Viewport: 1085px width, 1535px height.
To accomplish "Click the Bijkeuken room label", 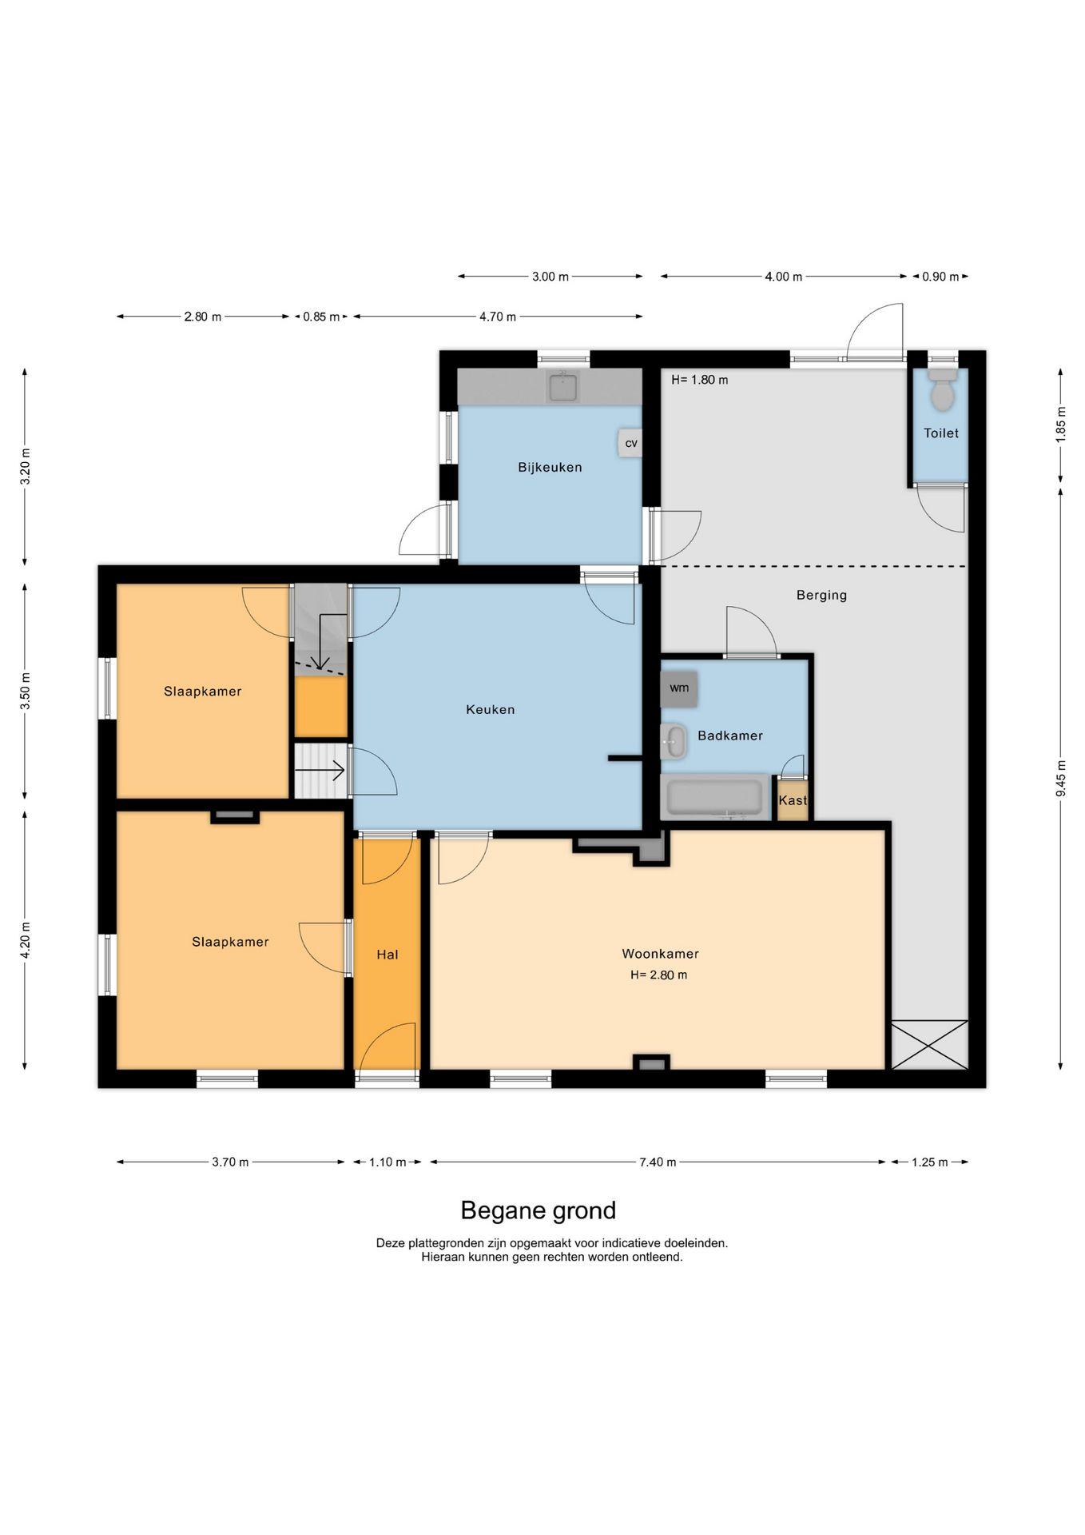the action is point(550,468).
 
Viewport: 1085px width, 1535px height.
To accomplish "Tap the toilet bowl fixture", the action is point(943,389).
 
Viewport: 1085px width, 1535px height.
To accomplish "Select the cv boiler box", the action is point(630,443).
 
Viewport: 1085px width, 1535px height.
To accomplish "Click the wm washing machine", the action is point(679,688).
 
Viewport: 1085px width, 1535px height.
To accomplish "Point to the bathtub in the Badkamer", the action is point(715,797).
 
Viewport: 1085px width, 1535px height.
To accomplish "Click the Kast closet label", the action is point(793,800).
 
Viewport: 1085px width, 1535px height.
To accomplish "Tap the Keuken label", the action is point(491,709).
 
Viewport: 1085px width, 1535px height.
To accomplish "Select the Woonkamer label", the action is point(661,954).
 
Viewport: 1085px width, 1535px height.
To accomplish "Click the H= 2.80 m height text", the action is point(659,975).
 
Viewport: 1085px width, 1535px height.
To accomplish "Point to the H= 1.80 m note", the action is point(700,380).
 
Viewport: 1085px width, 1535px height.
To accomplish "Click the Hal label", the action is point(387,955).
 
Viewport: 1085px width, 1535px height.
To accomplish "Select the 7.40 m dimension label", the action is point(658,1162).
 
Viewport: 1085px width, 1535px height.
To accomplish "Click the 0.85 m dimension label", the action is point(321,317).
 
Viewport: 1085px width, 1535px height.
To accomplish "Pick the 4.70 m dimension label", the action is point(498,317).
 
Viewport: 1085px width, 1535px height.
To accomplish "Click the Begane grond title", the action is point(539,1210).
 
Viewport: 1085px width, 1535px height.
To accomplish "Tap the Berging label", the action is point(821,595).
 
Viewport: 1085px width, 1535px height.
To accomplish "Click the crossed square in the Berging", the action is point(929,1044).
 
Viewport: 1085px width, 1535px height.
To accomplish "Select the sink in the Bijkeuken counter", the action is point(563,387).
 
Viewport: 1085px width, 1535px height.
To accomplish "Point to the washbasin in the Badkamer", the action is point(674,741).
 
